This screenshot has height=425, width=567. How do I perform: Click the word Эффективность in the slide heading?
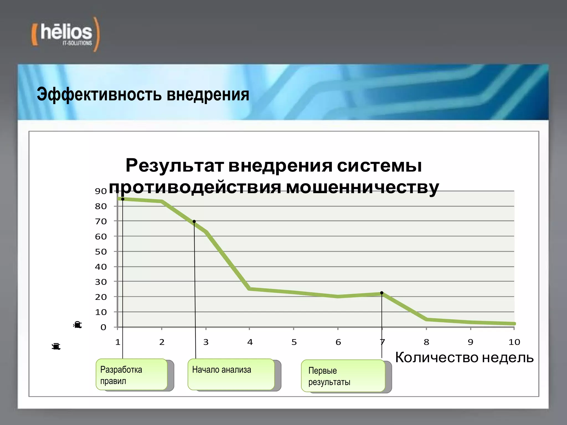[x=99, y=94]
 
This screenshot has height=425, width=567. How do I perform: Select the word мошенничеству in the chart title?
[x=362, y=187]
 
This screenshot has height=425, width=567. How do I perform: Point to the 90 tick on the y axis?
[x=101, y=191]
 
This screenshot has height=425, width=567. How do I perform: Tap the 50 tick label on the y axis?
[x=101, y=252]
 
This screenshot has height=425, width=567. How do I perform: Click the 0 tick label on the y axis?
[x=103, y=327]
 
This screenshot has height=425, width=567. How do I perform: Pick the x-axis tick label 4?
[x=250, y=342]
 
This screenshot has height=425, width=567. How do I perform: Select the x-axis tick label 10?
[x=514, y=342]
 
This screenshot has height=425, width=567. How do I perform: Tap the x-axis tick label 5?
[x=294, y=342]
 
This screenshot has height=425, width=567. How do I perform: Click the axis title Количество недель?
[x=464, y=357]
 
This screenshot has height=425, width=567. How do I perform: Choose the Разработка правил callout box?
[x=132, y=374]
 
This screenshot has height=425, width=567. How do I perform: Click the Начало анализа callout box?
[x=231, y=374]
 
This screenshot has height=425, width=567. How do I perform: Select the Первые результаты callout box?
[x=343, y=376]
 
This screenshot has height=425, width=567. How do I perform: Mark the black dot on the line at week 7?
[x=382, y=293]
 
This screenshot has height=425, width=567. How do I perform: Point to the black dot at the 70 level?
[x=194, y=221]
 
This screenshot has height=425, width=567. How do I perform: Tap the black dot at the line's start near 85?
[x=123, y=199]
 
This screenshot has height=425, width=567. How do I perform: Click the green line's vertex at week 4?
[x=250, y=289]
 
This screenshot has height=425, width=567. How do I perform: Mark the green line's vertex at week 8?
[x=426, y=319]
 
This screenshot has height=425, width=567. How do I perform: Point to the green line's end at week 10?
[x=514, y=323]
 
